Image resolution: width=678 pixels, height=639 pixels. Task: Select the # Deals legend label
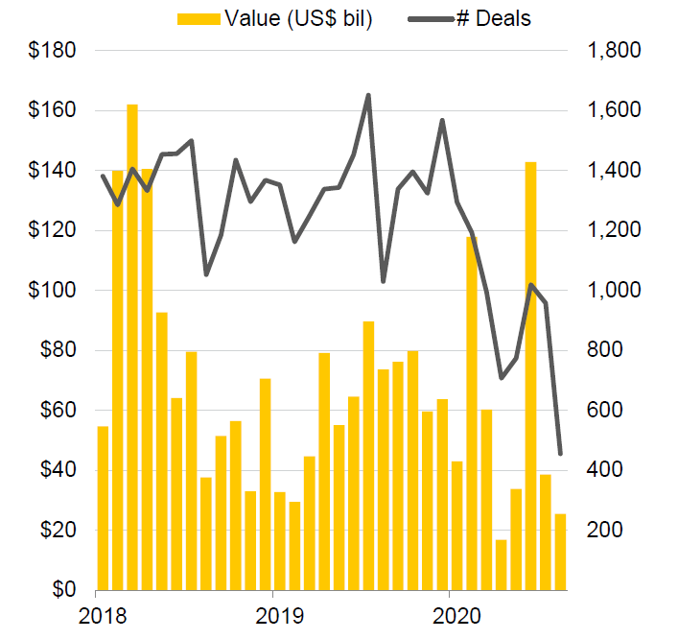coord(500,18)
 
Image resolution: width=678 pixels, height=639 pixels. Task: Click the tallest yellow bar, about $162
coord(132,345)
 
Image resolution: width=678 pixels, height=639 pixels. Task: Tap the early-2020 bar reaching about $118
coord(472,413)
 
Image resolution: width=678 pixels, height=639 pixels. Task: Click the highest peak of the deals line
coord(368,95)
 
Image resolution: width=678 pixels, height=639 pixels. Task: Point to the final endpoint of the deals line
coord(560,453)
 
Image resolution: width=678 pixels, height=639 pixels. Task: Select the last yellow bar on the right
coord(560,552)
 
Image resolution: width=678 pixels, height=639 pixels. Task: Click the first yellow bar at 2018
coord(103,508)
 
